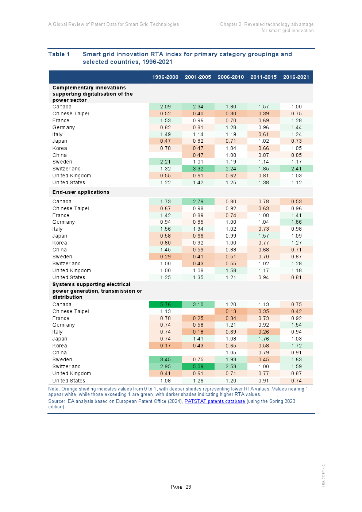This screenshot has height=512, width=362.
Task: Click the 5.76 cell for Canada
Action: pyautogui.click(x=165, y=304)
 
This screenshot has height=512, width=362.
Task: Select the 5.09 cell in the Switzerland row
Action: pyautogui.click(x=198, y=366)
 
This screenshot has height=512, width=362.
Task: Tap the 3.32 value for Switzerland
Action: pyautogui.click(x=198, y=169)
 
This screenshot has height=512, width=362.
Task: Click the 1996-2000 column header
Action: pyautogui.click(x=165, y=77)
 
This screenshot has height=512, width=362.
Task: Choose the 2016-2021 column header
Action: pyautogui.click(x=296, y=77)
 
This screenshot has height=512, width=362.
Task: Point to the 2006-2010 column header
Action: pyautogui.click(x=231, y=77)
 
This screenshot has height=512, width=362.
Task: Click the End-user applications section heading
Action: pyautogui.click(x=81, y=192)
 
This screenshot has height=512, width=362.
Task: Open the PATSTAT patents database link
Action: pyautogui.click(x=215, y=401)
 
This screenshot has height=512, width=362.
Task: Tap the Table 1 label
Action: pyautogui.click(x=59, y=54)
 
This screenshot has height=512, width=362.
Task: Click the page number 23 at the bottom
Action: pyautogui.click(x=188, y=487)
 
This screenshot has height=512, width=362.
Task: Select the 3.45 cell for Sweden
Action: pyautogui.click(x=165, y=359)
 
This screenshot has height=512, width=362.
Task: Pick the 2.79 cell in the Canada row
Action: pyautogui.click(x=198, y=201)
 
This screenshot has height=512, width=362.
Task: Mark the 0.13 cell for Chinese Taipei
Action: pyautogui.click(x=231, y=311)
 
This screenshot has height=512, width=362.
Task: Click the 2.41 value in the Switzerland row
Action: pyautogui.click(x=296, y=169)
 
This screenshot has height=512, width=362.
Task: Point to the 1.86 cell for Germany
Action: pyautogui.click(x=296, y=222)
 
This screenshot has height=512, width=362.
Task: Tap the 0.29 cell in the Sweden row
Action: pyautogui.click(x=165, y=257)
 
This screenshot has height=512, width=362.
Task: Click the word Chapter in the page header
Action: pyautogui.click(x=229, y=24)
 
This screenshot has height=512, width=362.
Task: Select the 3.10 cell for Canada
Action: pyautogui.click(x=198, y=304)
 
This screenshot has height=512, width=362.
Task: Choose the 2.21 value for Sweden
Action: pyautogui.click(x=165, y=162)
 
